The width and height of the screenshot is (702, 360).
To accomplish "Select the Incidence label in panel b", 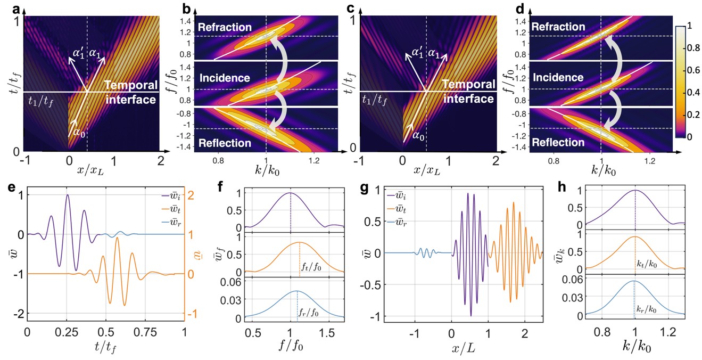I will coord(225,78).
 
